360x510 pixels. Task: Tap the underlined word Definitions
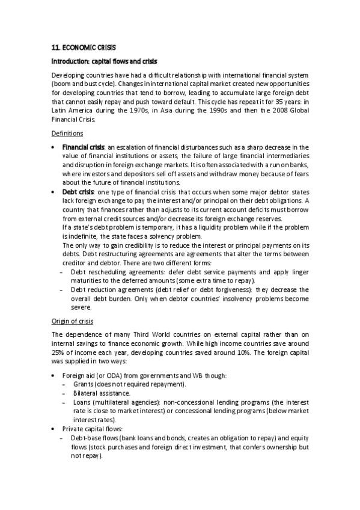tap(67, 134)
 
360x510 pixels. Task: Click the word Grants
tap(82, 384)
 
